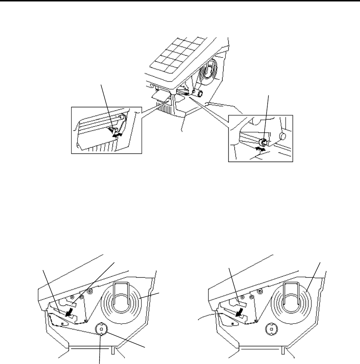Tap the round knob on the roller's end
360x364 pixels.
coord(264,141)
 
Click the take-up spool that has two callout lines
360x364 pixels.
coord(101,329)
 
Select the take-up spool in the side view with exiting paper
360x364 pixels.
coord(271,329)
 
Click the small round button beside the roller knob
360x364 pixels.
coord(284,136)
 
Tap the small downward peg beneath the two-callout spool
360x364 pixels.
coord(101,335)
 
